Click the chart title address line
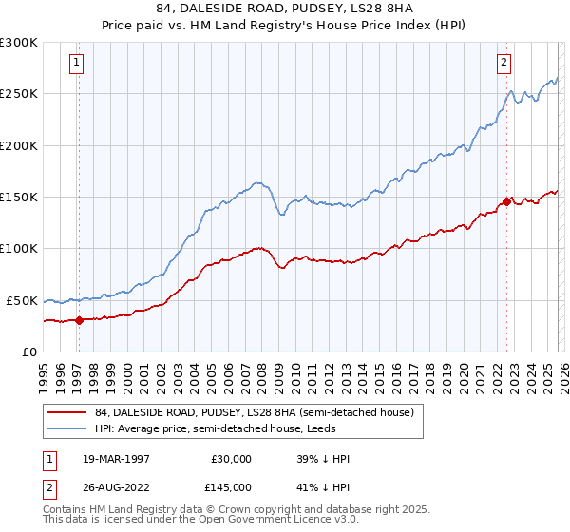[x=285, y=9]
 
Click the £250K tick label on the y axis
[x=19, y=94]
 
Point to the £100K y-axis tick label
[x=19, y=249]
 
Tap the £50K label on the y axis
[x=23, y=300]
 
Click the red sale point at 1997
[x=80, y=320]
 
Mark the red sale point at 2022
[x=507, y=201]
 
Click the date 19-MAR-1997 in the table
[x=108, y=459]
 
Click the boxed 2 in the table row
[x=50, y=487]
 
